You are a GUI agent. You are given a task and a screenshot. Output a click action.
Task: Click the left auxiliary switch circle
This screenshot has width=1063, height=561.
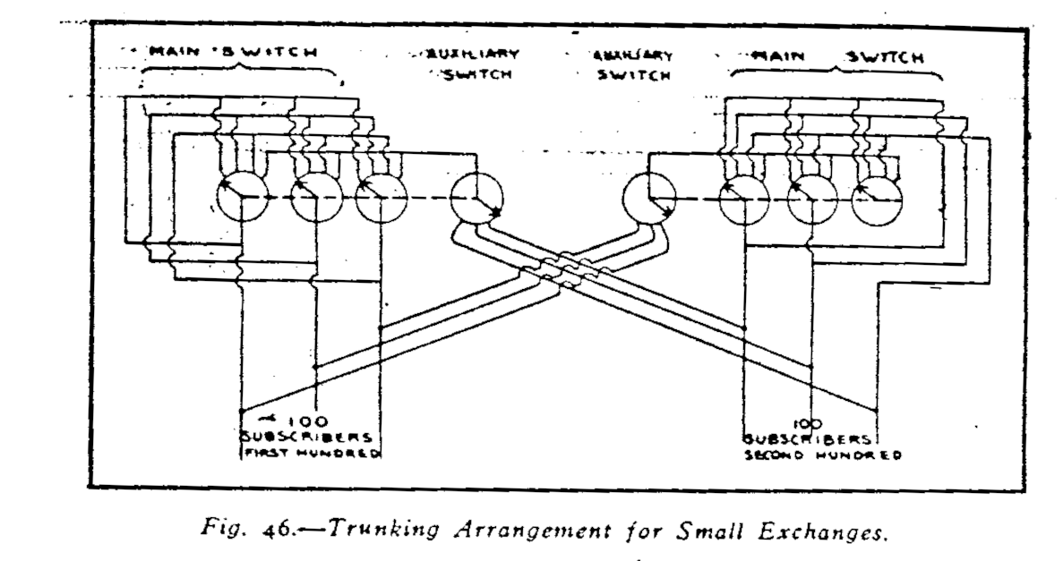tap(476, 199)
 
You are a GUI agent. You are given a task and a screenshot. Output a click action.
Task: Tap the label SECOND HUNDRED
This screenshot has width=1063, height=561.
tap(823, 455)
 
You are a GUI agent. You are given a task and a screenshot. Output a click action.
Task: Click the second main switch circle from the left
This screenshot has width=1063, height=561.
tap(318, 197)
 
